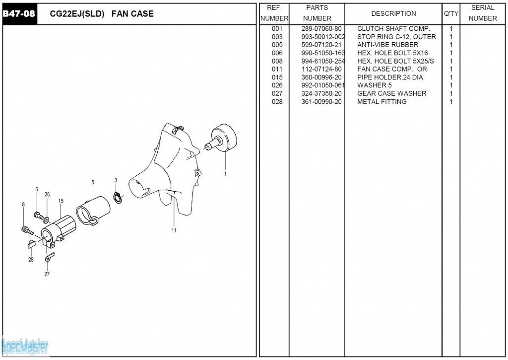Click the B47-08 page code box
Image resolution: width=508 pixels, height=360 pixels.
[19, 14]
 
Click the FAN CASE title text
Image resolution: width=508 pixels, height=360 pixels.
[132, 14]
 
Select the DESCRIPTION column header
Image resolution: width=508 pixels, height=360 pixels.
[393, 13]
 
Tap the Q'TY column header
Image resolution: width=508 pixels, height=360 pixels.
[450, 13]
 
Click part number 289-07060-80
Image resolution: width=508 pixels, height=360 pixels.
[321, 29]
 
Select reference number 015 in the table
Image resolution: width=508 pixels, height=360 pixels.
[277, 77]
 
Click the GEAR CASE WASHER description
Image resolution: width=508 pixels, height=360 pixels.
[391, 93]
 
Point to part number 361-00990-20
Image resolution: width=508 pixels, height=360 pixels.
[321, 101]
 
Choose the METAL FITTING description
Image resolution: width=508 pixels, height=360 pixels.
[381, 101]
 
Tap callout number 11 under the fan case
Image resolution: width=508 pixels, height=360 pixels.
[174, 230]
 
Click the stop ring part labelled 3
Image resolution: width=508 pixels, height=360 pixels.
[118, 198]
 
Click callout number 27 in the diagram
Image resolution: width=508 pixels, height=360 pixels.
[47, 274]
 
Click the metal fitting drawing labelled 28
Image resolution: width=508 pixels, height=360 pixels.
[30, 243]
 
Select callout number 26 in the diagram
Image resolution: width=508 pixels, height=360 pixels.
[47, 194]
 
